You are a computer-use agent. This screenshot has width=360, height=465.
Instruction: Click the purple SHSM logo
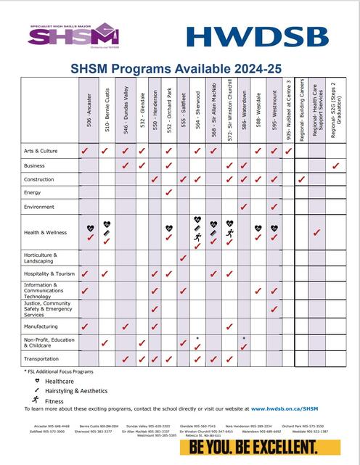tap(73, 34)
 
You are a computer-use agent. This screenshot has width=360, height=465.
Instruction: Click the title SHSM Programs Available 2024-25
tap(181, 69)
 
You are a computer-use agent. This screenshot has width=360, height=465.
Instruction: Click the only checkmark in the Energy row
tap(168, 193)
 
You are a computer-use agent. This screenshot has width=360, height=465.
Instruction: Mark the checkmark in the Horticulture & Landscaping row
tap(182, 258)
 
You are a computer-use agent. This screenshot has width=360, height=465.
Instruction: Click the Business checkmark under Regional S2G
tap(335, 166)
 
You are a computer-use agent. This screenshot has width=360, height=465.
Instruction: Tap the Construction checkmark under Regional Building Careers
tap(301, 179)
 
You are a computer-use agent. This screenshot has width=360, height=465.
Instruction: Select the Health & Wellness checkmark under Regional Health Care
tap(316, 233)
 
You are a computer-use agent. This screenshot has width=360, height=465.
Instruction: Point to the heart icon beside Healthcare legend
tap(36, 380)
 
